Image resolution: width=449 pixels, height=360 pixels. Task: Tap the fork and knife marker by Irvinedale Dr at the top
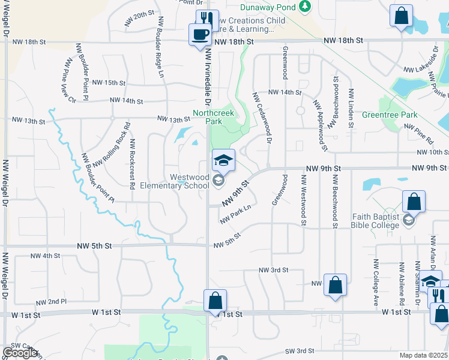click(207, 19)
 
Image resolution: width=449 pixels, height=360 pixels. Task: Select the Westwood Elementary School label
click(174, 181)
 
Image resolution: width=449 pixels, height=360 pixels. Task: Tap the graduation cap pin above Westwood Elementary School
click(223, 161)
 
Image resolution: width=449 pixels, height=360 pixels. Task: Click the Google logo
click(20, 353)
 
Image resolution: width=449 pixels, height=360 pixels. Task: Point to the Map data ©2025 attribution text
click(424, 355)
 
